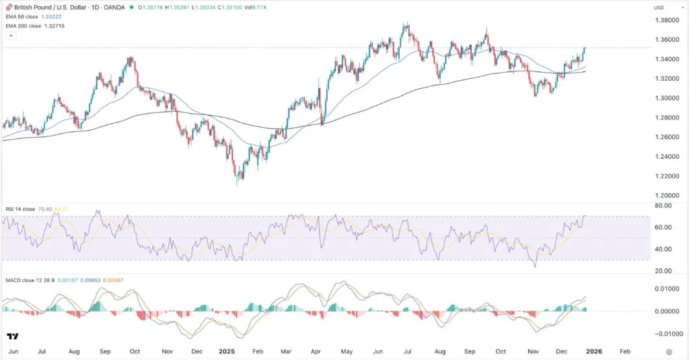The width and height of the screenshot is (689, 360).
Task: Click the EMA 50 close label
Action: point(20,16)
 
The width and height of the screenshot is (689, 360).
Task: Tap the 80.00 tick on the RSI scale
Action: point(663,206)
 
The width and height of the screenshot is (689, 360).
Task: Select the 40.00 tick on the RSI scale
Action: point(663,250)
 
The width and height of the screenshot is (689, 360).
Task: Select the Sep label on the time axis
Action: point(105,351)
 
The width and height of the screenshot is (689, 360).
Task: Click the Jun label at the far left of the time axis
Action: point(13,351)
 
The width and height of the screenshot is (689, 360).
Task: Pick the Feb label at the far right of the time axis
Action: point(625,351)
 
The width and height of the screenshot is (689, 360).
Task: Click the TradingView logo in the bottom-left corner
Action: point(12,336)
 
